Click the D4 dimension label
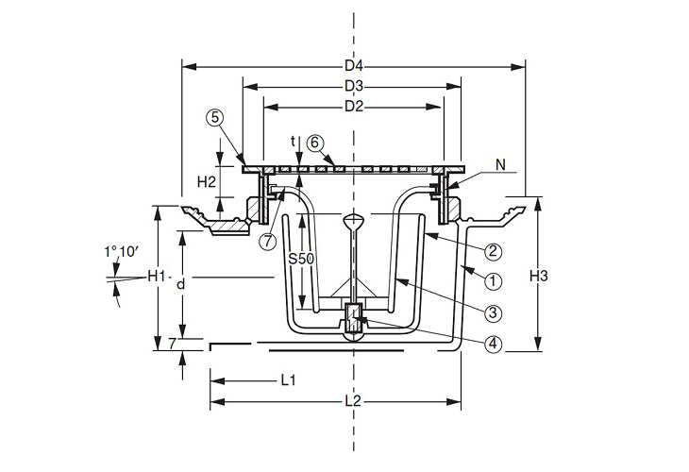pos(353,66)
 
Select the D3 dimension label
pos(353,87)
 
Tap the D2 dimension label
pos(353,106)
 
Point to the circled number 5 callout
pos(216,118)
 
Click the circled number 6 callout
pos(316,143)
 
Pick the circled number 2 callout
pos(492,251)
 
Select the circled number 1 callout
pos(492,280)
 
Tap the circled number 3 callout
pos(492,312)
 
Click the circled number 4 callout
pos(492,345)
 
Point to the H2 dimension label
pos(207,179)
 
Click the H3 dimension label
pos(539,277)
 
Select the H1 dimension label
pos(156,277)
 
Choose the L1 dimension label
pos(288,380)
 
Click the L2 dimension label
pos(353,401)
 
